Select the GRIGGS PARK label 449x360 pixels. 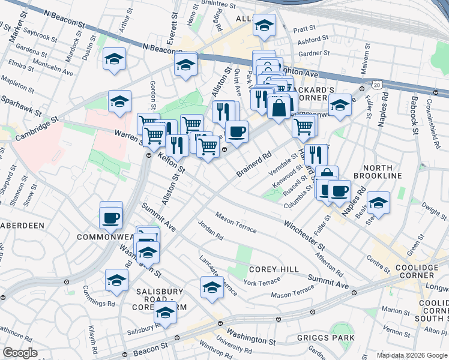325,338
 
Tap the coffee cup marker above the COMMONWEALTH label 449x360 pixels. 111,217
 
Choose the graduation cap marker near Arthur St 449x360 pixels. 114,59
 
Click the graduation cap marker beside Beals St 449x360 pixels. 378,203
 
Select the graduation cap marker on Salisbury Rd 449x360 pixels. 165,312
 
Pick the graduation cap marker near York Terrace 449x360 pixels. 211,287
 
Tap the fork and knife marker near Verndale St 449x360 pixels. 315,155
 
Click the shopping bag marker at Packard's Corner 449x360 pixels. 279,108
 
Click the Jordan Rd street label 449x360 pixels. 210,232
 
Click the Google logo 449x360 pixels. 20,353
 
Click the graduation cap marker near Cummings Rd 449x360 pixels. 116,279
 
